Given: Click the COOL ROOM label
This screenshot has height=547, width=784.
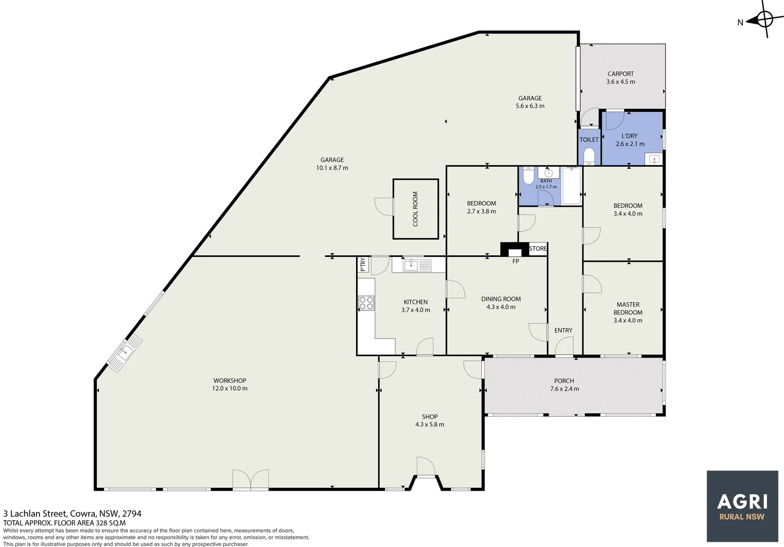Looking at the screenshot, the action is (x=415, y=209).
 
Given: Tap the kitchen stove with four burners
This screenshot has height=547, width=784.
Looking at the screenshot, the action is (x=366, y=303).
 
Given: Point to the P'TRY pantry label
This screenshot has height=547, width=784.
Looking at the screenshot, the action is (x=363, y=264).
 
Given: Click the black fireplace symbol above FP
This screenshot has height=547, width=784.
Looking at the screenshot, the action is (x=515, y=249).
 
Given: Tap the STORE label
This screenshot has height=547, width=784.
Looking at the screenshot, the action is (x=538, y=249).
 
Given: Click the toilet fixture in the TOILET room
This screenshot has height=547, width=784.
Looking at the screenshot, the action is (x=589, y=156).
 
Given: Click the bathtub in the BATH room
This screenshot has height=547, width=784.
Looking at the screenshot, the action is (x=572, y=186).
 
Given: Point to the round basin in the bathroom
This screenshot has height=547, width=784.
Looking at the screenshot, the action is (x=548, y=173).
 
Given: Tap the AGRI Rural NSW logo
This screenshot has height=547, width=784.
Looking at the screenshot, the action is (x=742, y=506).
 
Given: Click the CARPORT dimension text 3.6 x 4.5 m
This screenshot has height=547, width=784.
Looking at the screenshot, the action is (x=620, y=82).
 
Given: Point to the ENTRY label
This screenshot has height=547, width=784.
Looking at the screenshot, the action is (x=563, y=330).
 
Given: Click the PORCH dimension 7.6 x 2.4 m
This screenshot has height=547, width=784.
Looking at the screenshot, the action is (x=565, y=389).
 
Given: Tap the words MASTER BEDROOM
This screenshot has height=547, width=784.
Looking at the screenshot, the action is (x=628, y=308).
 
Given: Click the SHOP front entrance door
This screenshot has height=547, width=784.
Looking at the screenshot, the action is (x=426, y=467).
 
